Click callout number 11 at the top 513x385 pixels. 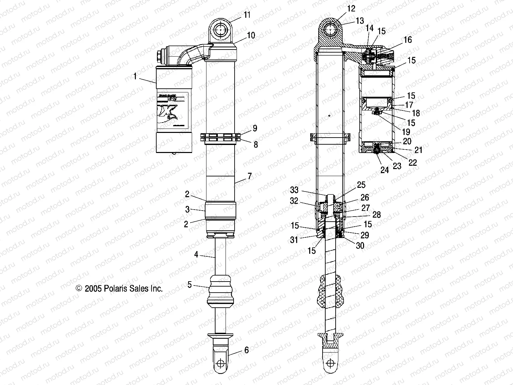tap(247, 15)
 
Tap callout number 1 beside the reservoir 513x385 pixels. tap(135, 77)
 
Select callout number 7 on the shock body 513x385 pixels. tap(249, 176)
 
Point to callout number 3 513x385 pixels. tap(187, 210)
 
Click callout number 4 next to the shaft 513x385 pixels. tap(196, 255)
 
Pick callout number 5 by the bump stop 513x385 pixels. tap(190, 285)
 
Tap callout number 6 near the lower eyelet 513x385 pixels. tap(247, 350)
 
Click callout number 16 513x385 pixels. tap(408, 40)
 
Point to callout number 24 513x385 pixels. tap(384, 170)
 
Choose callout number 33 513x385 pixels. tap(294, 190)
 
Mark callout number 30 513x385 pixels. tap(360, 245)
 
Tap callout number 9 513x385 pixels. tap(255, 128)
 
